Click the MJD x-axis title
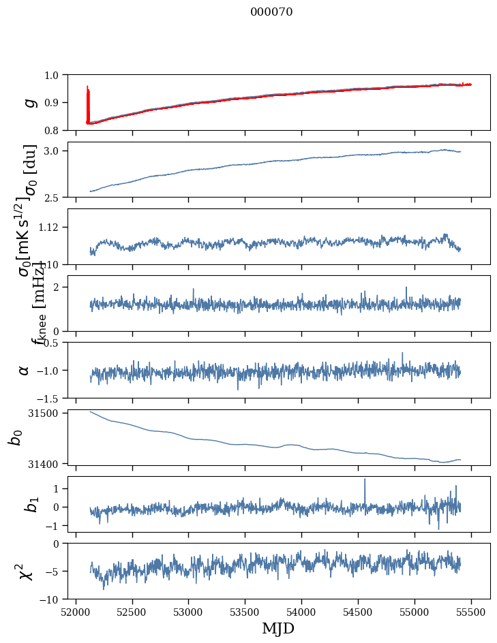tap(278, 628)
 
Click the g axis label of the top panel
tap(29, 102)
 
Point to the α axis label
tap(25, 370)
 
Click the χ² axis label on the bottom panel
tap(26, 571)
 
